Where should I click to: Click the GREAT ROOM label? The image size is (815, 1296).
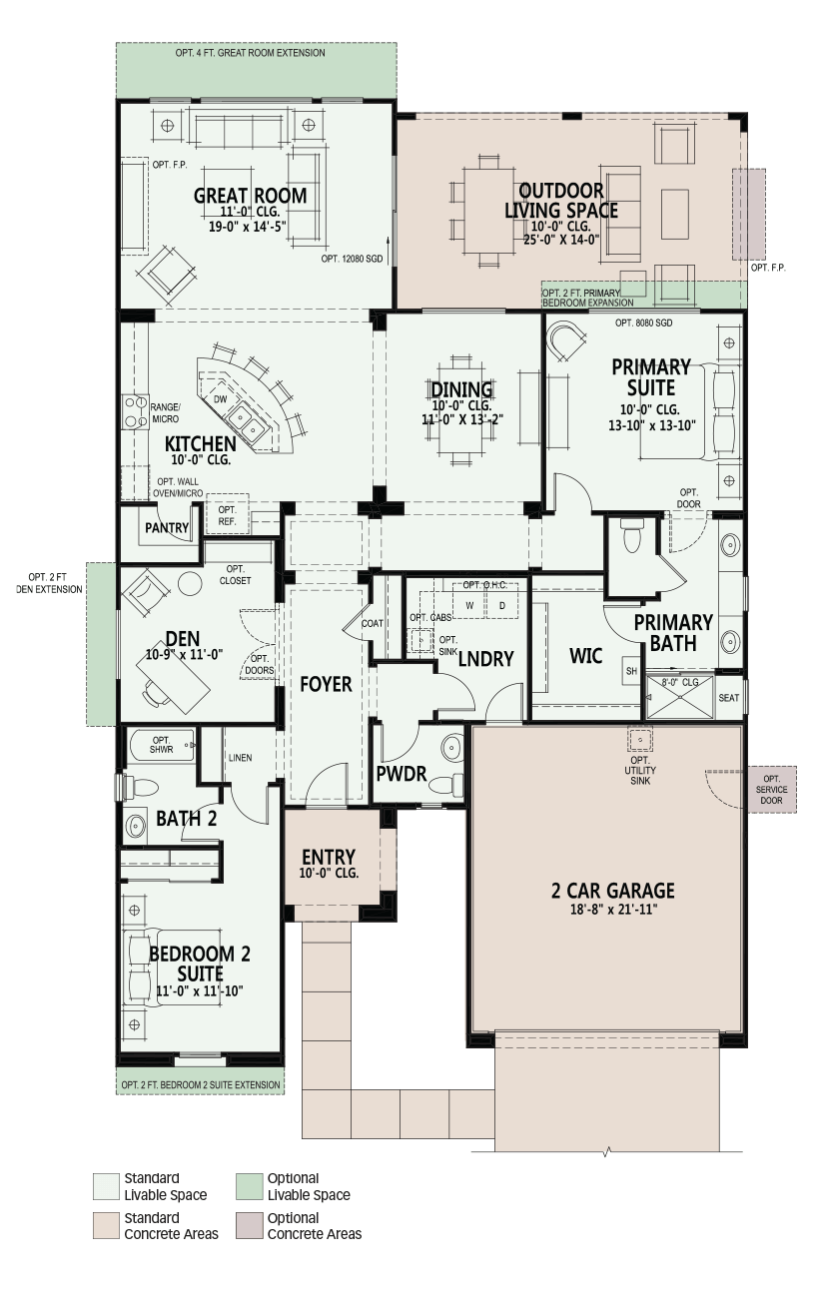tap(250, 196)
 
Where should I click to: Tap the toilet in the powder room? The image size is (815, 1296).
tap(448, 785)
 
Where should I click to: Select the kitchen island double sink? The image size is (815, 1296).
tap(246, 421)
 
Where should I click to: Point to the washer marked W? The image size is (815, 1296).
tap(469, 606)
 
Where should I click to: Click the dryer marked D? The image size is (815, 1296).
tap(501, 606)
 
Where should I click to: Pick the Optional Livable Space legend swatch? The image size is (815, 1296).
tap(250, 1186)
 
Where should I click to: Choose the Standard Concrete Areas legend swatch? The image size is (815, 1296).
tap(107, 1226)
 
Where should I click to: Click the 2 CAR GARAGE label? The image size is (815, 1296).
tap(612, 891)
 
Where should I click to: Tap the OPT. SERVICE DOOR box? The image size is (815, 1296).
tap(772, 790)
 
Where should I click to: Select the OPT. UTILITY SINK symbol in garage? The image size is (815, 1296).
tap(639, 739)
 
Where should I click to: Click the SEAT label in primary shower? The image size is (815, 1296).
tap(729, 698)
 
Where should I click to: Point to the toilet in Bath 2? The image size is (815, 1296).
tap(140, 787)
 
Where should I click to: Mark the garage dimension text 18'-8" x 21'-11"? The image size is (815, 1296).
tap(613, 909)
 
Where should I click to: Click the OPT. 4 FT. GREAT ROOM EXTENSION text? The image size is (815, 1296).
tap(250, 53)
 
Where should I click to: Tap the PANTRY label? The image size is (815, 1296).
tap(167, 527)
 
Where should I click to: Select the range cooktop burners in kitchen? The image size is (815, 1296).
tap(134, 411)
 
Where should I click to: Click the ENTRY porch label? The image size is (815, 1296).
tap(329, 857)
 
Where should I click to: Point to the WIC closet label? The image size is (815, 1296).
tap(585, 656)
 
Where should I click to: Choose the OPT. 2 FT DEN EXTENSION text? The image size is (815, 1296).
tap(56, 583)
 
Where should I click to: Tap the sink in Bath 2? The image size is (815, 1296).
tap(136, 826)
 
